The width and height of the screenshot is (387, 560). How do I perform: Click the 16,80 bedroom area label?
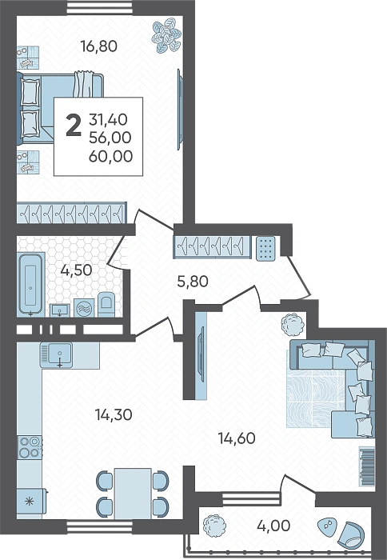[98, 46]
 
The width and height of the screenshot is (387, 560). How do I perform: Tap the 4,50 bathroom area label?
[76, 270]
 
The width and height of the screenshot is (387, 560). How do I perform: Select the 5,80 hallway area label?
[193, 282]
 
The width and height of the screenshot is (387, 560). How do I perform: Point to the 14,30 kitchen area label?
[114, 414]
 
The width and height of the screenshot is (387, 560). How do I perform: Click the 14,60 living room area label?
[237, 438]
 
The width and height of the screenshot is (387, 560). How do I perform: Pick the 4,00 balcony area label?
[273, 526]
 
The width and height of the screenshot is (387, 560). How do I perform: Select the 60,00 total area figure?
[110, 156]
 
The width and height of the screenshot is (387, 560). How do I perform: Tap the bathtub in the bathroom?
[30, 284]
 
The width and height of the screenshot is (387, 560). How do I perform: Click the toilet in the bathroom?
[106, 305]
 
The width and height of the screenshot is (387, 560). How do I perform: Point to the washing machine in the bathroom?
[84, 308]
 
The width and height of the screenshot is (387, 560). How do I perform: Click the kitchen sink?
[57, 354]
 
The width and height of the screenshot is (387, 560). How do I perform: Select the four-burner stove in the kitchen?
[30, 446]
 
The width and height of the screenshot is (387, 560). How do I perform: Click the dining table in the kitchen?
[133, 494]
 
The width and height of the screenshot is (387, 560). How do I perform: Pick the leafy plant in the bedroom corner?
[166, 37]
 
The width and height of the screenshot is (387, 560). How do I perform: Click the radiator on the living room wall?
[367, 466]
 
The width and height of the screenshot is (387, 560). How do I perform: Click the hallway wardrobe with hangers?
[213, 246]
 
